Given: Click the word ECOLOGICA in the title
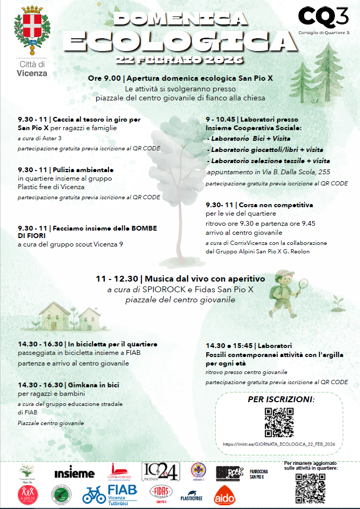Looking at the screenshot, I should pos(180,39).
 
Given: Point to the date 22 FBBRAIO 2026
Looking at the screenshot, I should pos(180,59).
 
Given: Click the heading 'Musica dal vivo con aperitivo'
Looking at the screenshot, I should pos(204,278).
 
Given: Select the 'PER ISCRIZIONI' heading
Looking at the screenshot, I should pos(280,399).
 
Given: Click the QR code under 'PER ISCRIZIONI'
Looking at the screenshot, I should pos(279,422).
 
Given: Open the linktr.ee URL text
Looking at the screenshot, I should pos(279,444).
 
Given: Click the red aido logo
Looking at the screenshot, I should pos(224,496).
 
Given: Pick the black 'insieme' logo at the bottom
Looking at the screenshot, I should pos(74,472).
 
